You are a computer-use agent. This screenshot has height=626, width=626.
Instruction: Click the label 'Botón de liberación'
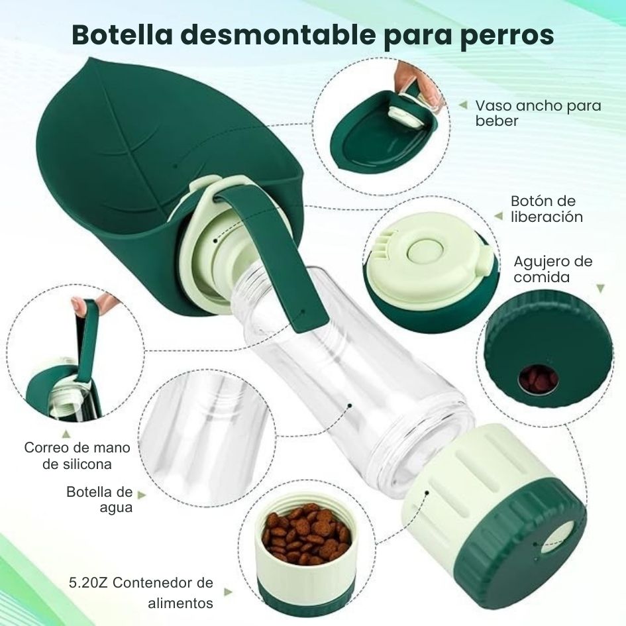click(x=547, y=209)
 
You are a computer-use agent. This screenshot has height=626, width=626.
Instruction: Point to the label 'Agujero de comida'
click(x=552, y=269)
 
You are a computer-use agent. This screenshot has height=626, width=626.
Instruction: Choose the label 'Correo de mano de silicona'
click(x=77, y=456)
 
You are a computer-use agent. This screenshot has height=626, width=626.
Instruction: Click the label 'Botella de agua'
click(x=99, y=499)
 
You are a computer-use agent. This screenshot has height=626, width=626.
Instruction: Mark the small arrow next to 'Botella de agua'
click(x=140, y=494)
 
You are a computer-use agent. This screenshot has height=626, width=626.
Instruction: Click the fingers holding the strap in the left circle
click(x=80, y=305)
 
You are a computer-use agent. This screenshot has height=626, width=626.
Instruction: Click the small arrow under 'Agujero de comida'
click(x=600, y=289)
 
